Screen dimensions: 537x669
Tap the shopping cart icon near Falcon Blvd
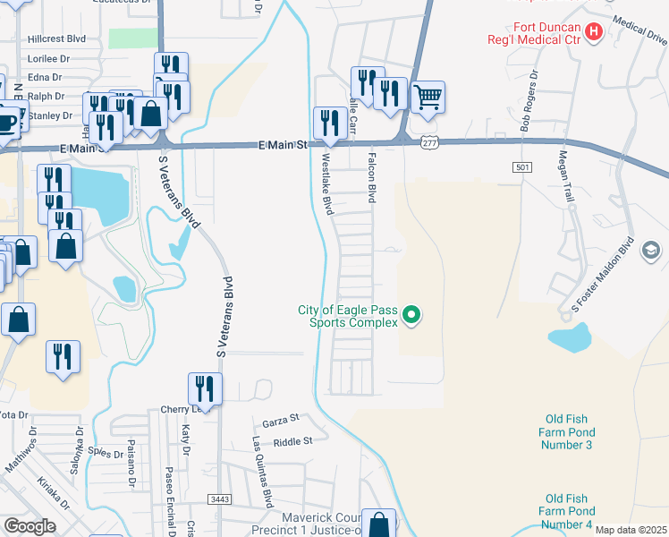(x=428, y=96)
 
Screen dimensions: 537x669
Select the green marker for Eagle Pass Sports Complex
(x=411, y=315)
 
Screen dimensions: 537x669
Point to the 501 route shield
(x=524, y=167)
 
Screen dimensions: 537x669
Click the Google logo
(x=29, y=525)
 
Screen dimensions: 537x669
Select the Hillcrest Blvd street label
(x=56, y=39)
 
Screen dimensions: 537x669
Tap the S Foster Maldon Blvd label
(x=604, y=277)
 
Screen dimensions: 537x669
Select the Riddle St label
(x=293, y=441)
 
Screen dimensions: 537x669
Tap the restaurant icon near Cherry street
(x=205, y=388)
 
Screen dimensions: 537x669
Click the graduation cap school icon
(x=650, y=248)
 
